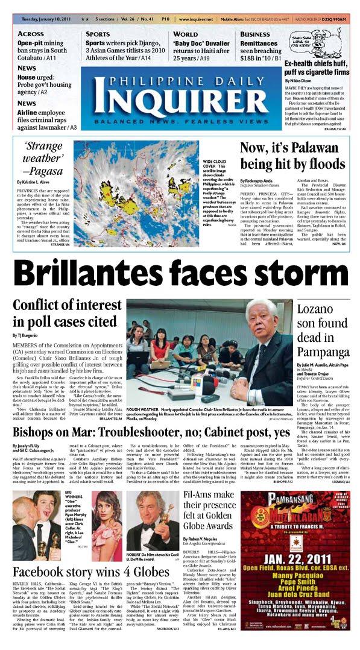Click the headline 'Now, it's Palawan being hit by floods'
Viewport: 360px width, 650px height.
pos(292,157)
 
